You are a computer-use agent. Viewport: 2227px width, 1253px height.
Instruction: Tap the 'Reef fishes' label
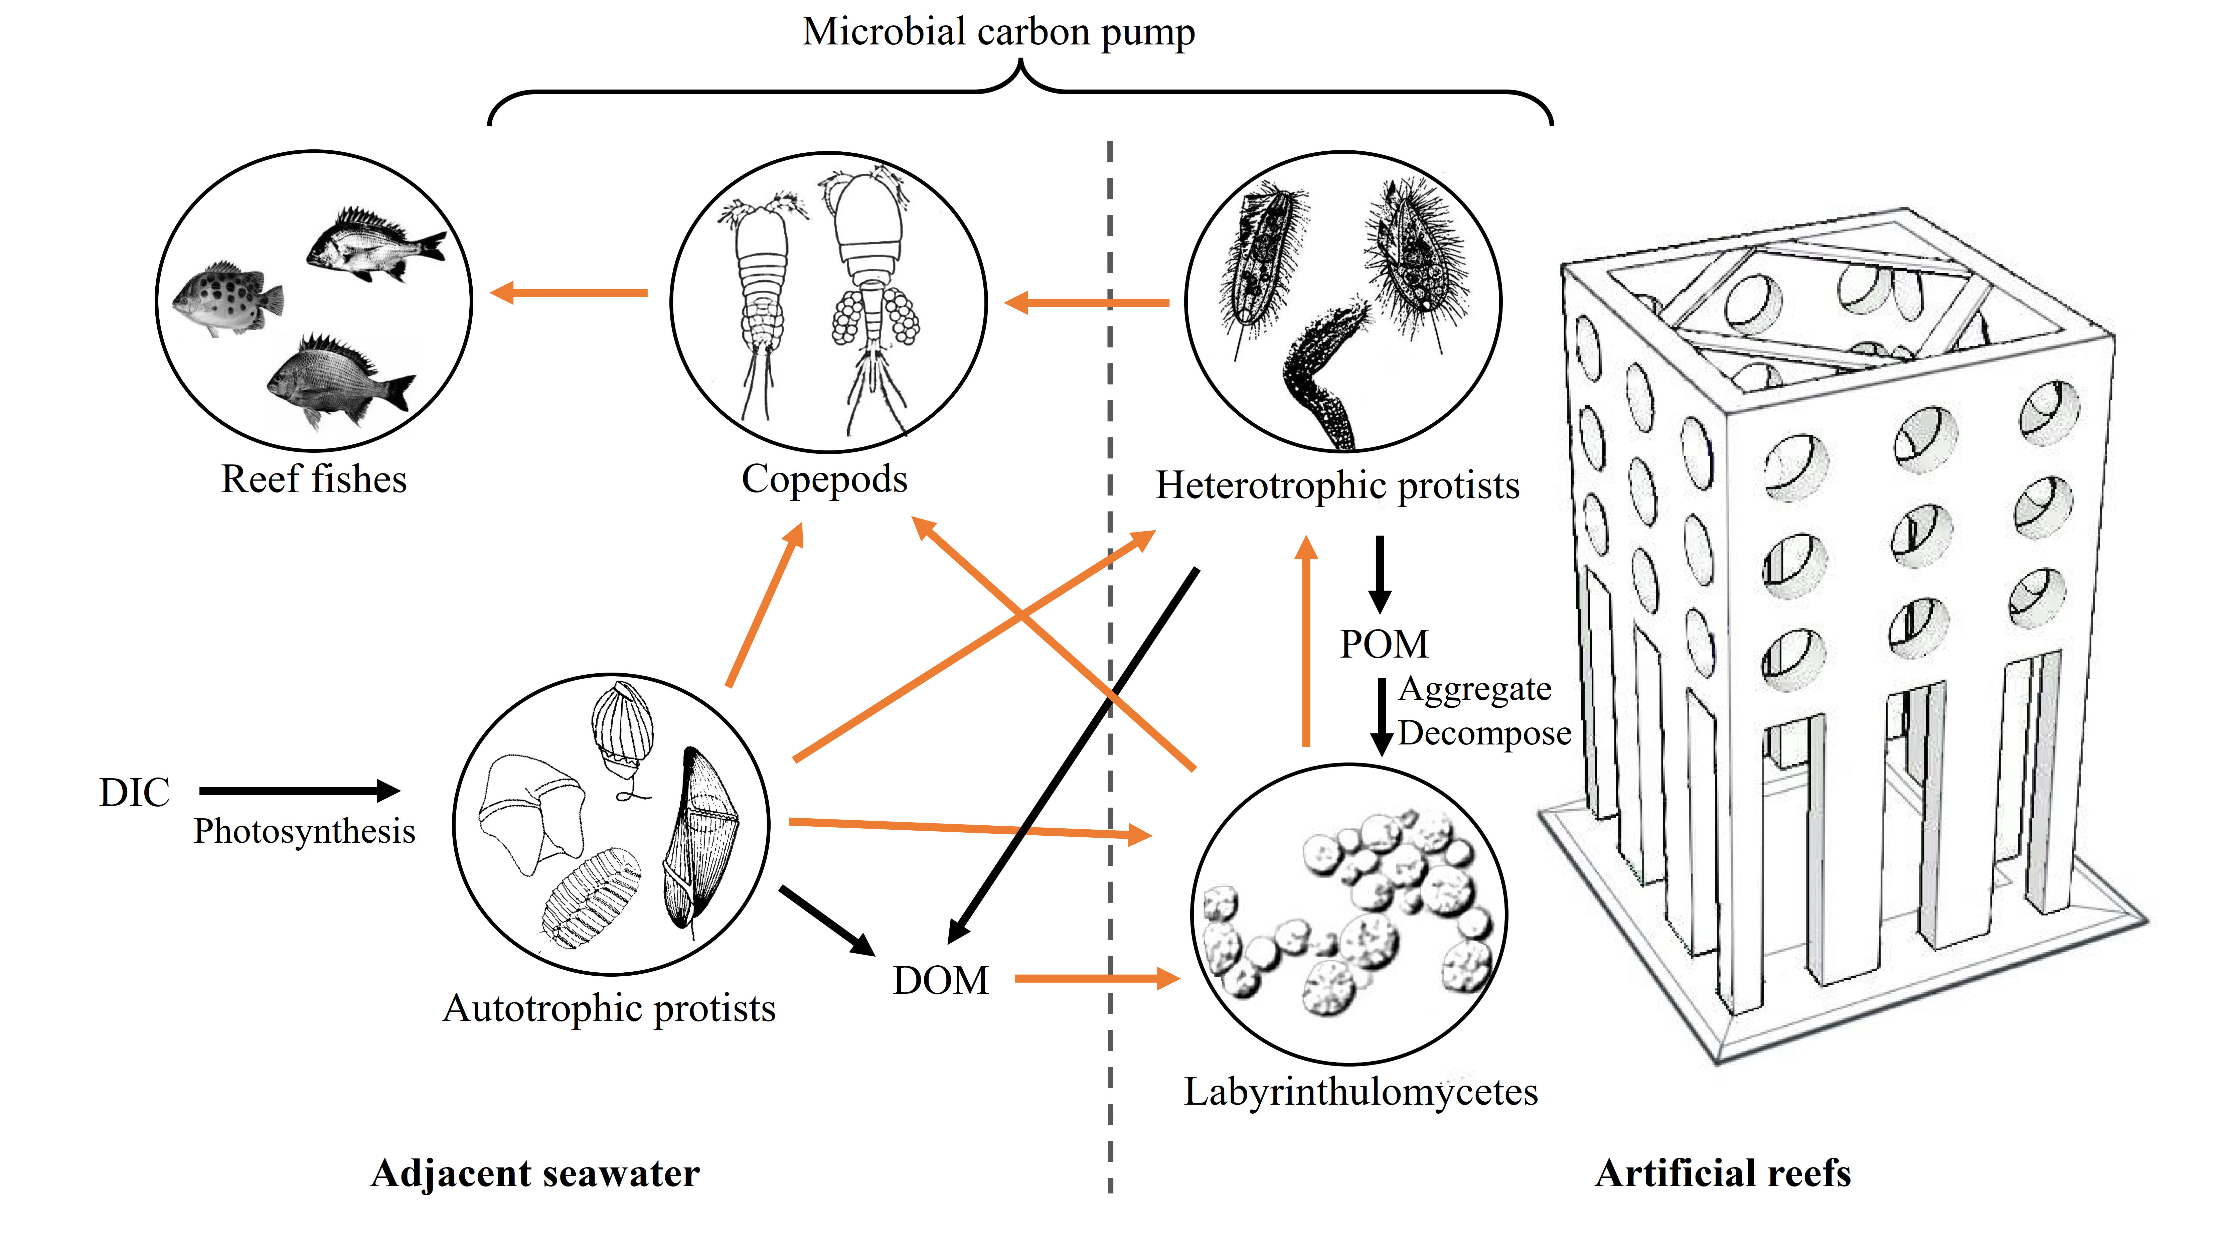(x=314, y=479)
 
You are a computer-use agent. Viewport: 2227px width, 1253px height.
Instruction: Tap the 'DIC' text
(x=135, y=792)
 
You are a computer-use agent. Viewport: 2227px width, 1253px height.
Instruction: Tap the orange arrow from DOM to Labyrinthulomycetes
(x=1097, y=979)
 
